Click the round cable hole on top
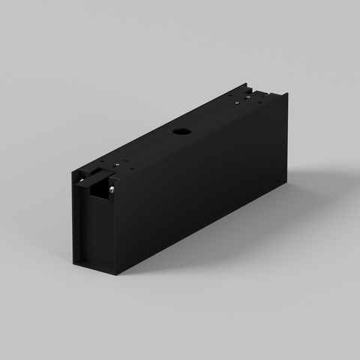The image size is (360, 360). click(181, 131)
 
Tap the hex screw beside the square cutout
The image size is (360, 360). click(111, 189)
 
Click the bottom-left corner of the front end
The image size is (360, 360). click(74, 263)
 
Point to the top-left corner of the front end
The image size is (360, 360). click(74, 175)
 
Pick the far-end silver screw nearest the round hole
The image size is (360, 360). click(238, 103)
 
